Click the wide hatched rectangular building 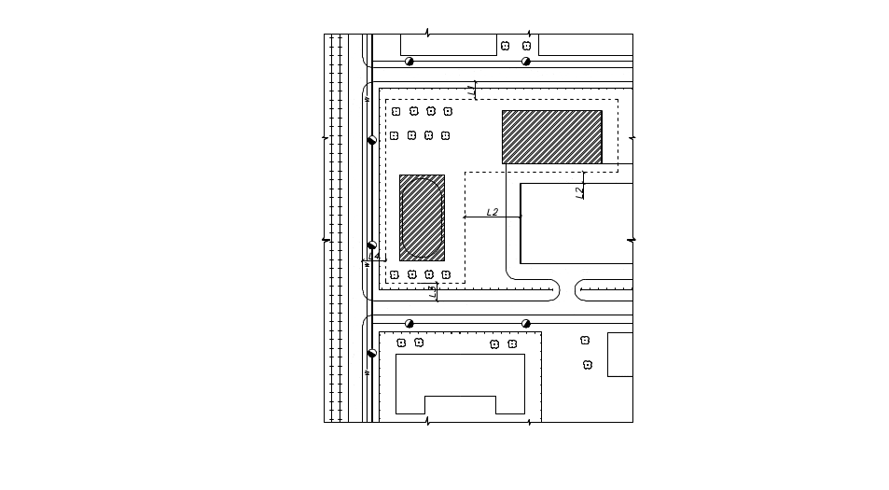(x=551, y=136)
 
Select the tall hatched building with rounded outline (x=422, y=217)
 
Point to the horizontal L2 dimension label (x=492, y=212)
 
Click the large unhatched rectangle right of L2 (x=576, y=223)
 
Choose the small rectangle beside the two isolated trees (x=619, y=355)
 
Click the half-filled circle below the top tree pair (x=526, y=62)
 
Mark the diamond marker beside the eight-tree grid (x=371, y=141)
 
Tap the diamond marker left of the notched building (x=371, y=354)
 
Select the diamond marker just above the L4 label (x=371, y=245)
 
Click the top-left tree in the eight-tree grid (x=396, y=111)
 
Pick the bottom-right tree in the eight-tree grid (x=446, y=135)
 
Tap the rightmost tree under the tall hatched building (x=446, y=275)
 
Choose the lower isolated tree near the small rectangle (x=588, y=365)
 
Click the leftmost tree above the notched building (x=401, y=343)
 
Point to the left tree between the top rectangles (x=505, y=45)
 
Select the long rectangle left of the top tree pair (x=448, y=45)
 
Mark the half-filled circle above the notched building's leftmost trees (x=409, y=323)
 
